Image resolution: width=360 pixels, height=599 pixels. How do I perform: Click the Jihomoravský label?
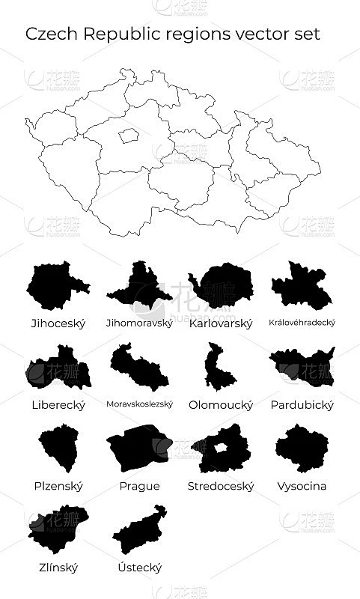pyautogui.click(x=139, y=323)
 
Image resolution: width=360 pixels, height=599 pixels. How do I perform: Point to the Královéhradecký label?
pyautogui.click(x=302, y=323)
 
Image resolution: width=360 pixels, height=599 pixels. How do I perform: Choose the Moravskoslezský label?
pyautogui.click(x=139, y=404)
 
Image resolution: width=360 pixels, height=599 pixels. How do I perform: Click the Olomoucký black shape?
pyautogui.click(x=219, y=367)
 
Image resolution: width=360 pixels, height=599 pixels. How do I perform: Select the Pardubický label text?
pyautogui.click(x=302, y=405)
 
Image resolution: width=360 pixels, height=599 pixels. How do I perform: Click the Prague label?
pyautogui.click(x=139, y=486)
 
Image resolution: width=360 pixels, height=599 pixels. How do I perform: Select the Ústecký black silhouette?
pyautogui.click(x=139, y=532)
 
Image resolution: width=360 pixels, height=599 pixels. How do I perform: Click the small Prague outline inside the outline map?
pyautogui.click(x=129, y=136)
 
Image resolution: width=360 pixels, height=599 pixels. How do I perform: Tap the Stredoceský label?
pyautogui.click(x=221, y=486)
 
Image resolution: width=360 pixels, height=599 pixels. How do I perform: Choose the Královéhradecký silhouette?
pyautogui.click(x=301, y=288)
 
